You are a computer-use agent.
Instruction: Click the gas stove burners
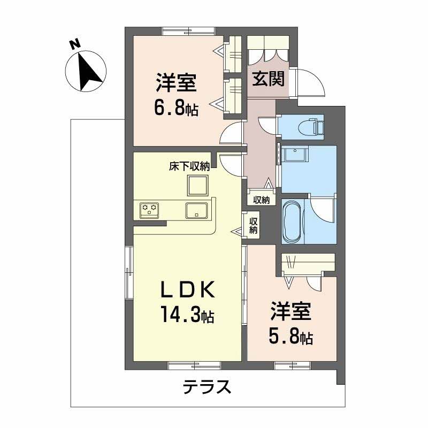[149, 210]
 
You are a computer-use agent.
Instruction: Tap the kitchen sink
[197, 210]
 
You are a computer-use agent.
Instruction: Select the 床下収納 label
[189, 166]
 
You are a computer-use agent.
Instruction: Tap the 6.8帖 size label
[176, 109]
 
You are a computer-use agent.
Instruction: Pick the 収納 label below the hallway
[262, 200]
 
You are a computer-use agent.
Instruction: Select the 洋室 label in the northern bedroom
[177, 85]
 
